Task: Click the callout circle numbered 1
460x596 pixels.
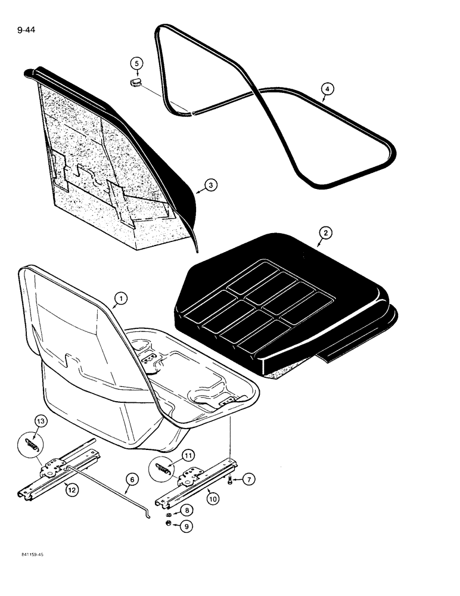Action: tap(119, 297)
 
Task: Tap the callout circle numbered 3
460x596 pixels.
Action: tap(209, 185)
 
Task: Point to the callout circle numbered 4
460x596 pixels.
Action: tap(325, 90)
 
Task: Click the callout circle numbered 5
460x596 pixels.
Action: tap(136, 63)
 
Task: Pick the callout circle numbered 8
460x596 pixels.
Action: tap(188, 511)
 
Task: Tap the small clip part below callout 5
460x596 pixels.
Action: tap(136, 82)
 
